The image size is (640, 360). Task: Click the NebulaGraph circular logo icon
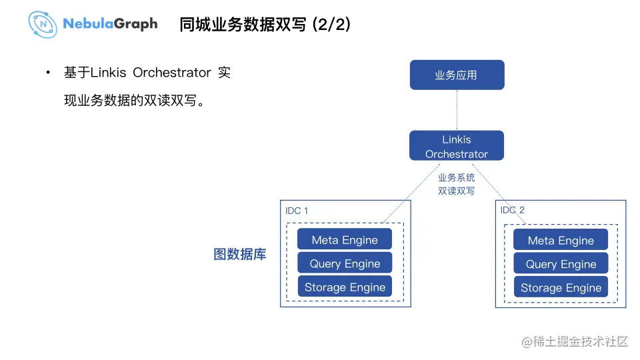point(43,24)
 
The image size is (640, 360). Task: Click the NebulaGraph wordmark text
point(110,25)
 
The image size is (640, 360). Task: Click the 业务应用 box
point(457,75)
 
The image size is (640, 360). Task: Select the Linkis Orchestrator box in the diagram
point(457,146)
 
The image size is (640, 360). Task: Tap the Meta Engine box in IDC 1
point(345,240)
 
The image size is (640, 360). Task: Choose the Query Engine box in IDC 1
point(345,263)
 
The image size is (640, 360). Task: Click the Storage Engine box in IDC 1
point(345,287)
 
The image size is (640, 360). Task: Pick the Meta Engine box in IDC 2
point(561,241)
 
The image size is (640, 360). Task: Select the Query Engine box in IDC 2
point(561,264)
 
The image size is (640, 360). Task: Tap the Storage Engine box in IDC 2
point(561,288)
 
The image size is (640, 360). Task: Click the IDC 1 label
point(297,211)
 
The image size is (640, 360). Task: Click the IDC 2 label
point(512,210)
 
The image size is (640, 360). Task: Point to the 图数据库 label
point(240,255)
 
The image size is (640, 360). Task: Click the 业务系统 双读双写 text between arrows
point(457,184)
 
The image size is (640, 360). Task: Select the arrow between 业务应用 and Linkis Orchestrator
point(457,110)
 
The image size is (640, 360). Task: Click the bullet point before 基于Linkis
point(48,73)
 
